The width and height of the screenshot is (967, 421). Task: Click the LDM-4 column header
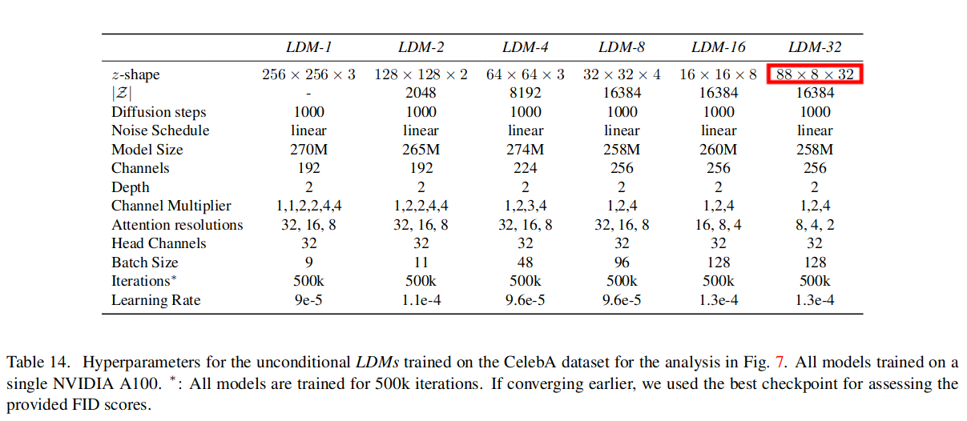point(526,47)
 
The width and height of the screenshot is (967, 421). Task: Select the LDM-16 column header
point(719,47)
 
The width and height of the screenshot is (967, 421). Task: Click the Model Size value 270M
point(308,150)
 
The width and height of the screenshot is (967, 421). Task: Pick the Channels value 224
point(526,168)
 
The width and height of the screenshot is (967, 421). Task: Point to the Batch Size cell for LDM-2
point(421,263)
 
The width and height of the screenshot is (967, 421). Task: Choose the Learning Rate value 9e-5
point(308,300)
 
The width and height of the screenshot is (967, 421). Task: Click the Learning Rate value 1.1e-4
point(421,300)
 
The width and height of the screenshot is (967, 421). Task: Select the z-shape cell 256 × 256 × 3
point(308,74)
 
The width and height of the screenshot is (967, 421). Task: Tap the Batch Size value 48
point(526,263)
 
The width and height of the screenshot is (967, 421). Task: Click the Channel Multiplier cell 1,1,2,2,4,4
point(308,206)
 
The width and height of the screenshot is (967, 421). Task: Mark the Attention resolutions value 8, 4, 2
point(815,225)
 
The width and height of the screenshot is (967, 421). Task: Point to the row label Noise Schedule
point(160,130)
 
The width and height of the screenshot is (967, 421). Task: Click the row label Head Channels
point(159,243)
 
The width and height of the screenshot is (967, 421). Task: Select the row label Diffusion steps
point(159,112)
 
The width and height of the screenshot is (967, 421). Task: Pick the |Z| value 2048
point(421,93)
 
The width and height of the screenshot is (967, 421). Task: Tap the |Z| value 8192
point(526,93)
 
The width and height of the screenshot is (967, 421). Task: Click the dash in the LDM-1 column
point(308,93)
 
